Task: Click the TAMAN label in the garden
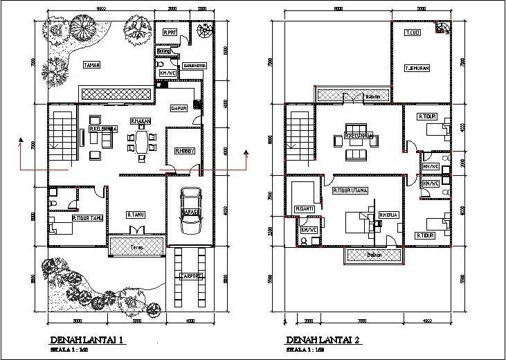(x=92, y=66)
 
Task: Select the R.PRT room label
(x=170, y=33)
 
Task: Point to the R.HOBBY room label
(x=183, y=151)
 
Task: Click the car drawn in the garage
(x=189, y=211)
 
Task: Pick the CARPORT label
(x=190, y=276)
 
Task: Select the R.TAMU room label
(x=135, y=215)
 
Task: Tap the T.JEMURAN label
(x=419, y=68)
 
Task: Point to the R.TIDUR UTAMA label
(x=350, y=190)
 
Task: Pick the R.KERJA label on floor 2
(x=387, y=215)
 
